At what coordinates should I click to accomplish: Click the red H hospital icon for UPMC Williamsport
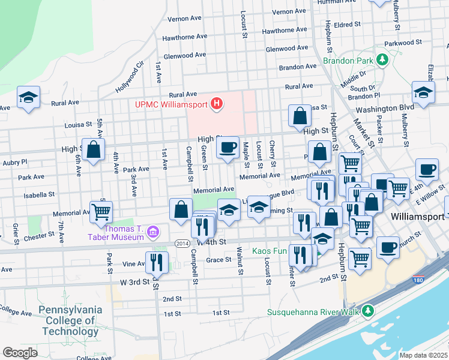(217, 104)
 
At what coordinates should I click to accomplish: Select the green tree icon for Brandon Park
(381, 60)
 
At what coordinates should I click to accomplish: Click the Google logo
(20, 353)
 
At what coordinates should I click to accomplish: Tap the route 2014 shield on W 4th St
(183, 243)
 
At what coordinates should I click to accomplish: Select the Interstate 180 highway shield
(417, 279)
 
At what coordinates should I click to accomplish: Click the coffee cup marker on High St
(228, 148)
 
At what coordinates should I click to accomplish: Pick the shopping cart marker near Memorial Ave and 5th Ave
(101, 212)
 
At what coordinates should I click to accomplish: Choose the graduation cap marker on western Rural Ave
(28, 98)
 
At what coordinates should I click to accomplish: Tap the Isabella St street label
(39, 195)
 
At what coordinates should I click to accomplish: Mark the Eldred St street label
(348, 25)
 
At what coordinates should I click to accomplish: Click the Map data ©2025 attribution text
(423, 355)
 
